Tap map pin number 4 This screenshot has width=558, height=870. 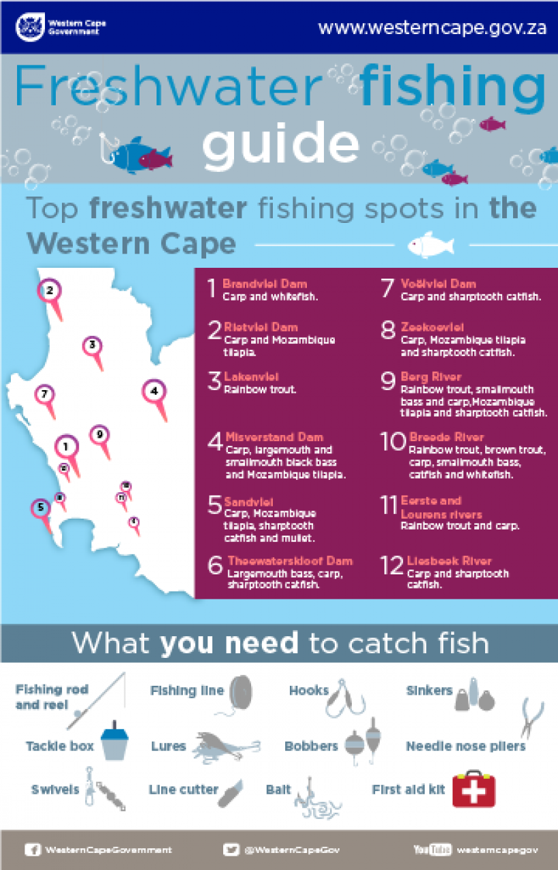point(154,391)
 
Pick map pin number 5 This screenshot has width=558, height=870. point(41,507)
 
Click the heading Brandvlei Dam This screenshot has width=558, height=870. point(265,283)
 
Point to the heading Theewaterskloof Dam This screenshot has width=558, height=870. point(290,561)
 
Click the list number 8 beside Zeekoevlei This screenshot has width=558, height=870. point(388,331)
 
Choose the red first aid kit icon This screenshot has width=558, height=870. point(474,789)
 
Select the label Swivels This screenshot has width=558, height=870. point(55,790)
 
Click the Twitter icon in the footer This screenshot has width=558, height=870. point(231,850)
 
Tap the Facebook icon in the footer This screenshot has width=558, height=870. point(33,850)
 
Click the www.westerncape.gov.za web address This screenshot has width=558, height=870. point(432,28)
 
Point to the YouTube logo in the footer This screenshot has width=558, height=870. point(432,850)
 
